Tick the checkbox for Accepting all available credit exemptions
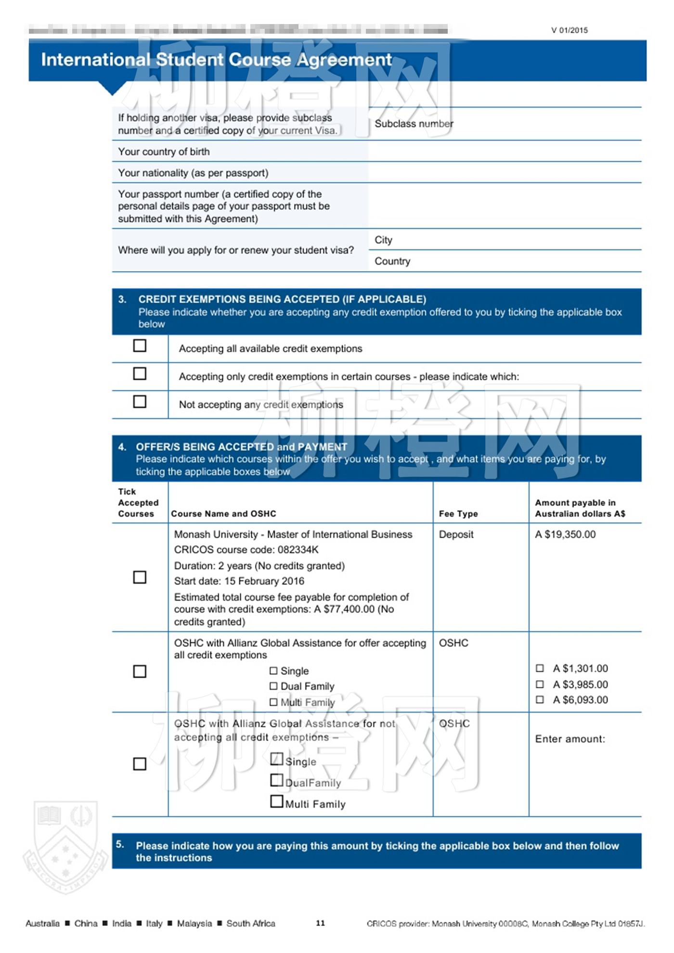[x=140, y=346]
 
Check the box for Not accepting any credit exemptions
[x=140, y=402]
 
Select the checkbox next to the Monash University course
[x=140, y=577]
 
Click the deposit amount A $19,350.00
[x=565, y=535]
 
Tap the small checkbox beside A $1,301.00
[x=540, y=669]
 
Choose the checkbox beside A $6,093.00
[x=540, y=700]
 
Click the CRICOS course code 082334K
[x=298, y=550]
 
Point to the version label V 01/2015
[x=570, y=30]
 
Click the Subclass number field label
[x=414, y=124]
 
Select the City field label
[x=384, y=240]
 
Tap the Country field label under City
[x=392, y=261]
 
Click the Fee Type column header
[x=458, y=514]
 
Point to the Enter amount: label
[x=570, y=739]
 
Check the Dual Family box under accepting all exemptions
[x=273, y=686]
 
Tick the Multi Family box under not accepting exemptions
[x=277, y=801]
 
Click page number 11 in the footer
[x=321, y=923]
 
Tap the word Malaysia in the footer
[x=194, y=924]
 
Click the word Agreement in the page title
[x=344, y=60]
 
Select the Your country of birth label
[x=164, y=152]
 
